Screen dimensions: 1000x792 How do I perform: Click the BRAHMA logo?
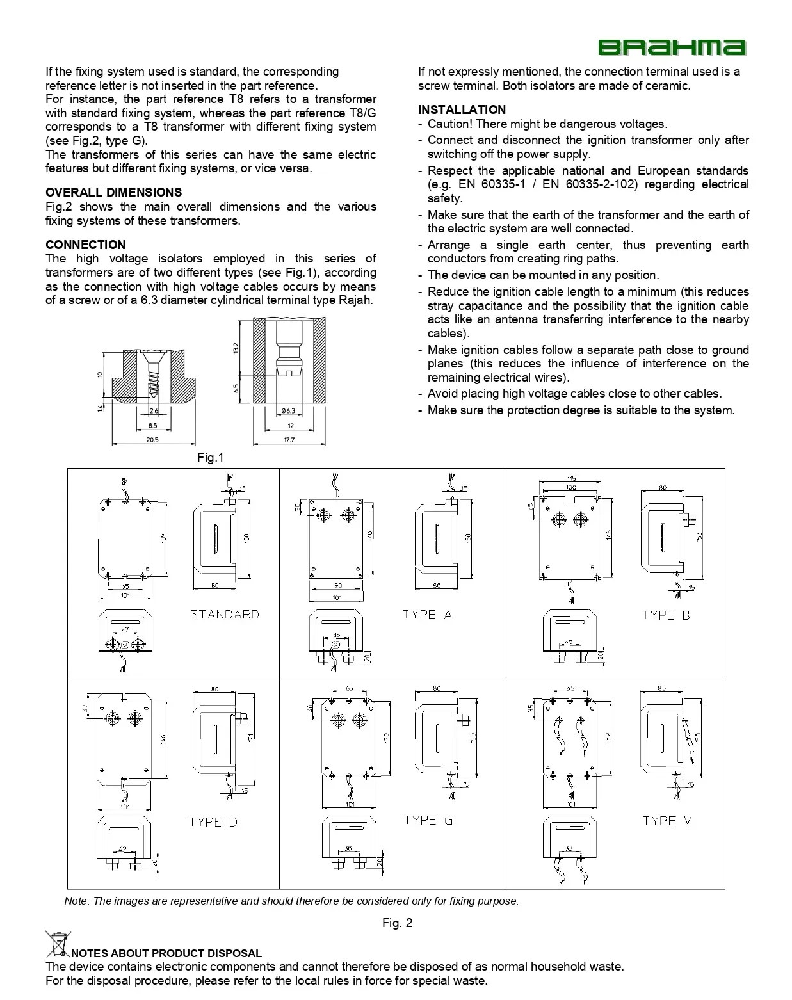point(672,48)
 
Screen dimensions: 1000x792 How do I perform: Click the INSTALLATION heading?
point(462,109)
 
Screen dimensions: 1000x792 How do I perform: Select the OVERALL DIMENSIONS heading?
point(113,192)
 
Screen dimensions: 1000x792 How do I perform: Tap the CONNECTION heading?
point(85,245)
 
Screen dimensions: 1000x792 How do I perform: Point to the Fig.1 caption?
point(210,457)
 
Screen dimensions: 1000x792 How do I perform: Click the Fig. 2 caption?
point(397,923)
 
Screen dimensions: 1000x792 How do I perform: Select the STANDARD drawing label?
point(224,615)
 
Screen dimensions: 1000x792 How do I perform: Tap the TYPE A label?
point(427,615)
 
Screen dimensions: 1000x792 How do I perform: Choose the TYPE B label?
point(666,615)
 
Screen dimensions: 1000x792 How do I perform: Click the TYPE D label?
point(213,822)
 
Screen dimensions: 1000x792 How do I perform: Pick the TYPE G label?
point(428,820)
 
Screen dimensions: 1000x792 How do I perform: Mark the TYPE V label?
point(667,821)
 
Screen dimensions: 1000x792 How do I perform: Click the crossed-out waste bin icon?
point(58,944)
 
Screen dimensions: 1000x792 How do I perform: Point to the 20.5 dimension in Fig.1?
point(152,440)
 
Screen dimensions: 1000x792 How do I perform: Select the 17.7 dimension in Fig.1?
point(289,440)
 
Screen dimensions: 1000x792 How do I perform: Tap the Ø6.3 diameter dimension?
point(288,411)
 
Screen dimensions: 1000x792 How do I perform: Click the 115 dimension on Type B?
point(570,479)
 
